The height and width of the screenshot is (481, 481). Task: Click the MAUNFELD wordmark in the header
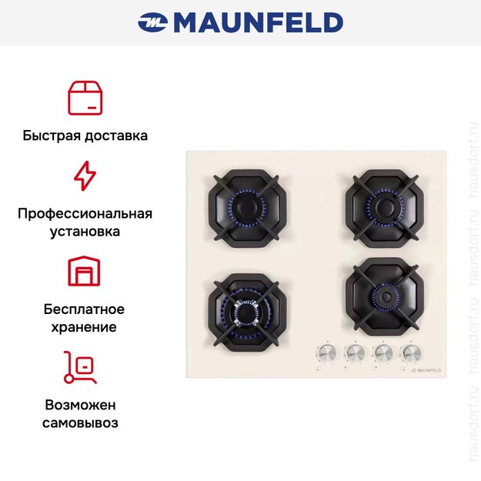pyautogui.click(x=257, y=22)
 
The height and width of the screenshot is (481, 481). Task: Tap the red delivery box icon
pyautogui.click(x=85, y=98)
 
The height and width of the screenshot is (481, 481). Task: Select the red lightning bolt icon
pyautogui.click(x=85, y=176)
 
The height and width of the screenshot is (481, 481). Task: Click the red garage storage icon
pyautogui.click(x=85, y=271)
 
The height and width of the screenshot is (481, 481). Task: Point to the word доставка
pyautogui.click(x=117, y=135)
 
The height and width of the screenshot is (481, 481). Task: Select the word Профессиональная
pyautogui.click(x=85, y=213)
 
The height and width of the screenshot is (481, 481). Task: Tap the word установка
pyautogui.click(x=85, y=231)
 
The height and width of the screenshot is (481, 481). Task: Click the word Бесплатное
pyautogui.click(x=85, y=309)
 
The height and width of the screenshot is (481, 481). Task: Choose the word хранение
pyautogui.click(x=85, y=327)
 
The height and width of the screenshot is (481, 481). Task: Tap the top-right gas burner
pyautogui.click(x=382, y=203)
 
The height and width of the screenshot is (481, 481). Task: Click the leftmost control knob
pyautogui.click(x=326, y=352)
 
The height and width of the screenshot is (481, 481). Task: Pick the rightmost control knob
pyautogui.click(x=410, y=352)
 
